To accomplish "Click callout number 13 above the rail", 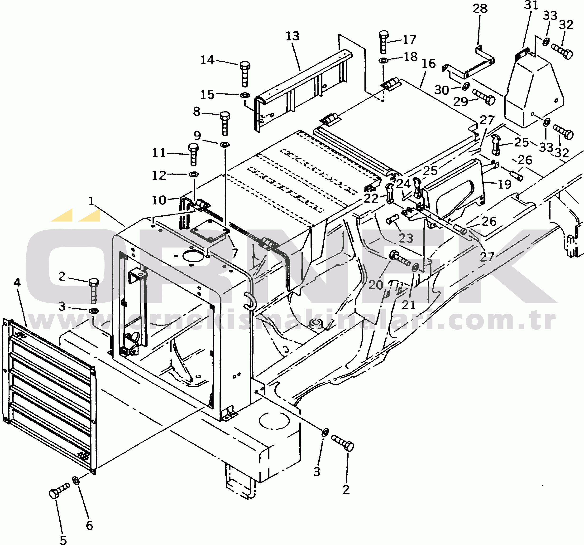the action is (292, 36).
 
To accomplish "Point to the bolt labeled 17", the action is (384, 42).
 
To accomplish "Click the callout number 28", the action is (480, 9).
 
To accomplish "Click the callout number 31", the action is (531, 5).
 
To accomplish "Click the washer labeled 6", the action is (76, 481).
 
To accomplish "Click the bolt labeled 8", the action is (225, 123).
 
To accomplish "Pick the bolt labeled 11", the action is (193, 154).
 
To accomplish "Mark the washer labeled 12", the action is (193, 174).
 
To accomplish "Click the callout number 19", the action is (504, 184).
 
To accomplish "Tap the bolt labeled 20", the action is (400, 258).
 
